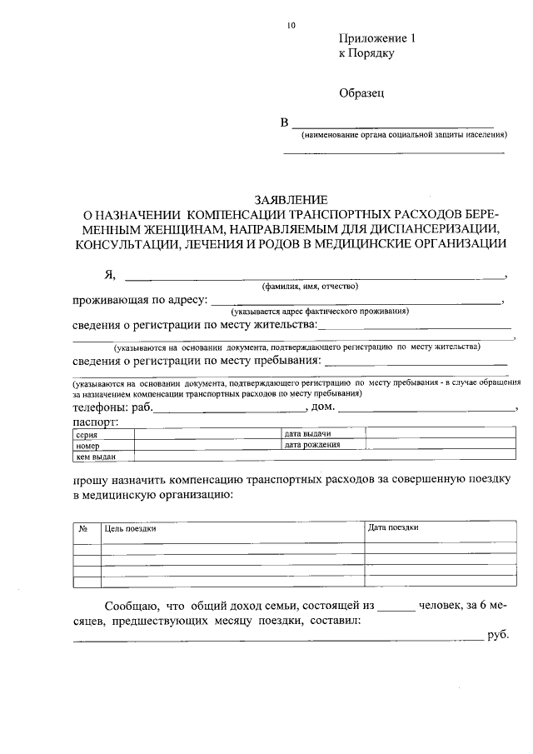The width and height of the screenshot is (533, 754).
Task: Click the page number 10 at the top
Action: pos(291,25)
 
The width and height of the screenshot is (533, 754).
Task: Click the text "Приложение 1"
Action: pos(376,39)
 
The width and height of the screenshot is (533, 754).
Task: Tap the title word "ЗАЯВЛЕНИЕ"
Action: pos(291,200)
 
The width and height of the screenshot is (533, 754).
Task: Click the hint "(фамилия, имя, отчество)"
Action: pos(310,286)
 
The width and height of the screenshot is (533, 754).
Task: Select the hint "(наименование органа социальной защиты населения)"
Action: pos(404,135)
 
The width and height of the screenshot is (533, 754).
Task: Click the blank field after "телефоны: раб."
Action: pos(230,409)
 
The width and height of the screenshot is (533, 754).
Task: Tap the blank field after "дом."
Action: pos(426,409)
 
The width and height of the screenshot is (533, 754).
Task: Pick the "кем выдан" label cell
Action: pos(95,457)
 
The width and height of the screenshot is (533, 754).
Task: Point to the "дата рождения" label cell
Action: pos(312,446)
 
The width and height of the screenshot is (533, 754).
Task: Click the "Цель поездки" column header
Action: pos(130,528)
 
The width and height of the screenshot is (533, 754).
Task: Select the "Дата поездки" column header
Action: pos(393,528)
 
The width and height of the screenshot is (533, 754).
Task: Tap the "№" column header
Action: pos(84,528)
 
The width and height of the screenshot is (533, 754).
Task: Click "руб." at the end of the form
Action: pos(497,637)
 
